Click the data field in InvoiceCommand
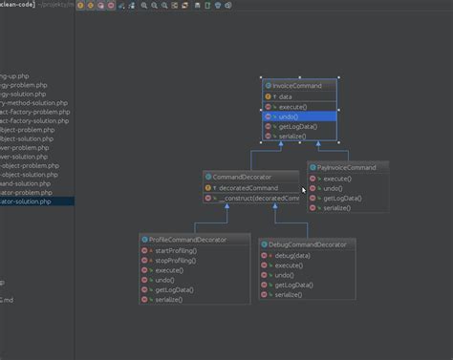point(287,96)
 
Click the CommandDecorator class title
point(242,177)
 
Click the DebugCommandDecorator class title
point(308,244)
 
